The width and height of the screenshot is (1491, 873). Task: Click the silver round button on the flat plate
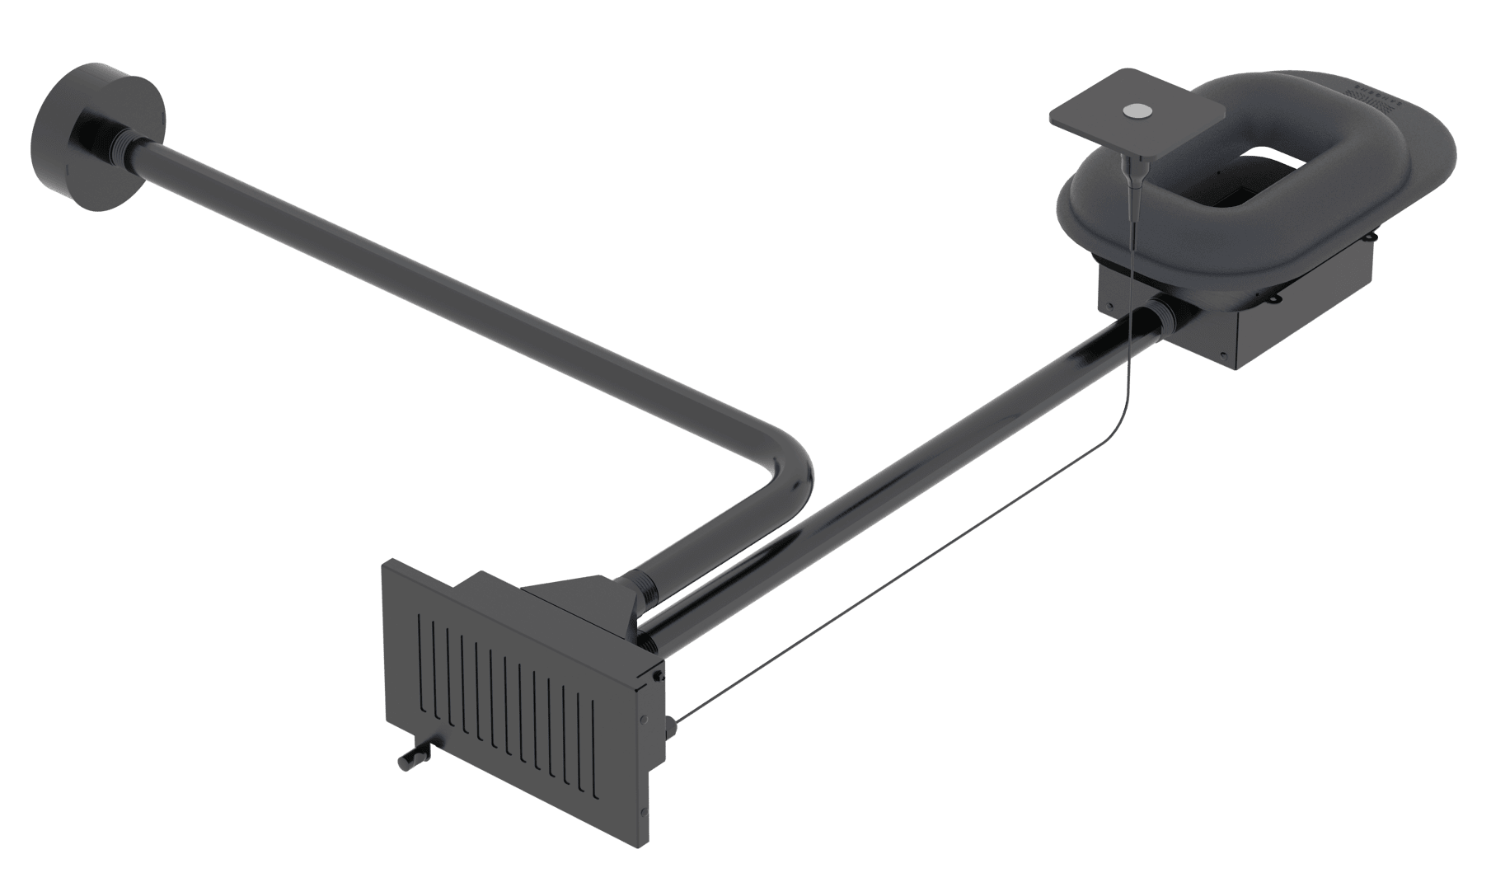click(1137, 110)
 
